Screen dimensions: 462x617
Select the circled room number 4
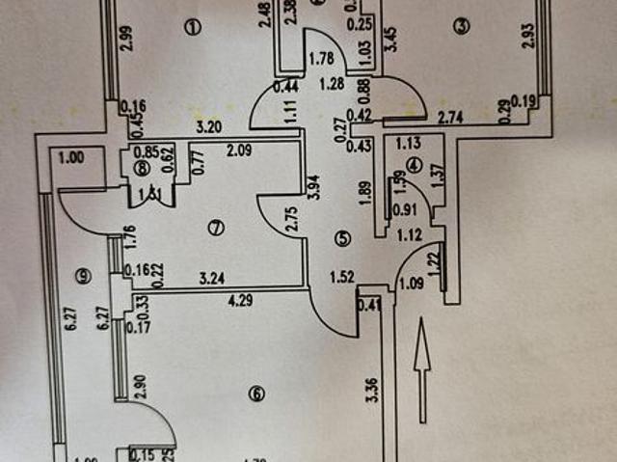[415, 164]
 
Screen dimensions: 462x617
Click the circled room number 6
[255, 393]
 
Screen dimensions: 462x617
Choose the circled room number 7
[216, 229]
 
